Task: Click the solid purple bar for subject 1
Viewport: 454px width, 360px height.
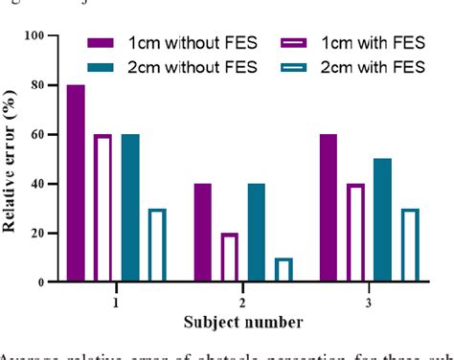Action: pyautogui.click(x=76, y=184)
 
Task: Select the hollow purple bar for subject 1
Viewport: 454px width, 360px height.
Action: pyautogui.click(x=102, y=209)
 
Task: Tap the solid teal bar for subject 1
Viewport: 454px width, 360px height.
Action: pyautogui.click(x=130, y=209)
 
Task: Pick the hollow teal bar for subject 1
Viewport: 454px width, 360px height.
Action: pyautogui.click(x=157, y=245)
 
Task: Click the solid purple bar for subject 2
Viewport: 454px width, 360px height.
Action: pyautogui.click(x=202, y=233)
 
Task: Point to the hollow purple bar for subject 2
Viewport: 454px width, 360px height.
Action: pyautogui.click(x=229, y=258)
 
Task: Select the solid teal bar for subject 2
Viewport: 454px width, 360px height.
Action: pyautogui.click(x=256, y=233)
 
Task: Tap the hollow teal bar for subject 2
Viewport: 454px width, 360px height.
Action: pyautogui.click(x=284, y=270)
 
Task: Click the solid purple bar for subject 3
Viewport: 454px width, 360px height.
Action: pyautogui.click(x=328, y=209)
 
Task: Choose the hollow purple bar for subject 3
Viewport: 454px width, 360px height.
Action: pyautogui.click(x=355, y=233)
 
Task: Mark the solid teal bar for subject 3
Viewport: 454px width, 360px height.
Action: pyautogui.click(x=382, y=220)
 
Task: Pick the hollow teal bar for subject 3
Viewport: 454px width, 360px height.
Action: pyautogui.click(x=409, y=245)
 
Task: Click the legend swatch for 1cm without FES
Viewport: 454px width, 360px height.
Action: pyautogui.click(x=100, y=44)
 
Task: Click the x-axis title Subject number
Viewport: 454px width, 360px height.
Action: pyautogui.click(x=242, y=321)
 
